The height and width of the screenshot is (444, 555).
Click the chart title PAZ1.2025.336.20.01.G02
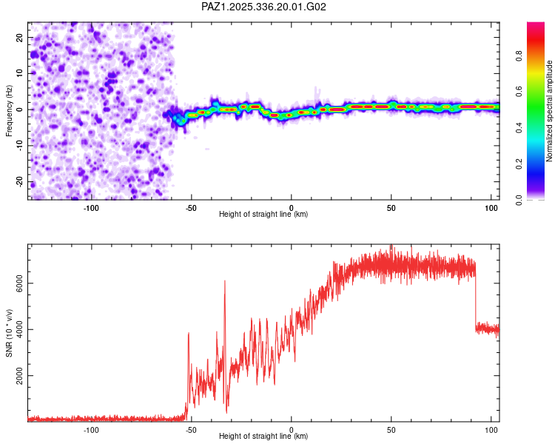264,7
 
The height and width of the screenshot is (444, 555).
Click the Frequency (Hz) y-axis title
9,111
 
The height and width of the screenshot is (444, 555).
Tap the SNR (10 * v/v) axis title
9,333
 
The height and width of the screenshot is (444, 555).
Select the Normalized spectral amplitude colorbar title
550,111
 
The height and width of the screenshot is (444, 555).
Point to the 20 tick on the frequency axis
20,37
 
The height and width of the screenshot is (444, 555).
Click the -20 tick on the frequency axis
19,181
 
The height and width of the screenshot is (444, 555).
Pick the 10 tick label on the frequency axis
20,73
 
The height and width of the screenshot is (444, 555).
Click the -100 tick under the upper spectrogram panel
91,208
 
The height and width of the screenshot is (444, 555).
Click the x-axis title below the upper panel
263,215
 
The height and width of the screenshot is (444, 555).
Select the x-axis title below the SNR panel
263,437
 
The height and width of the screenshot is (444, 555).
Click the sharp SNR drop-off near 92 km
475,296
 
